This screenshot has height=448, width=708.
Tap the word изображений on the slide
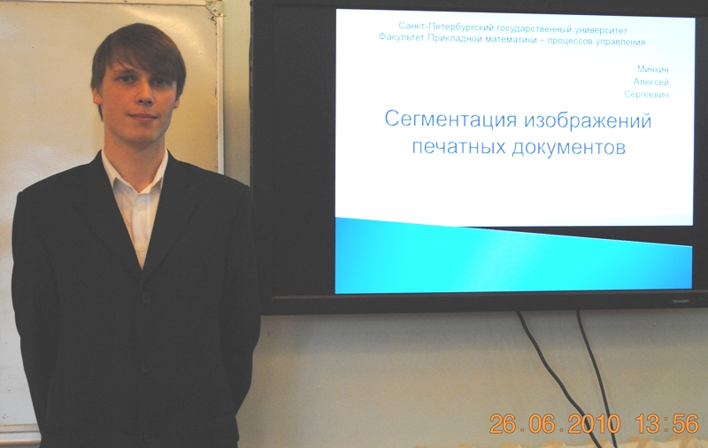(588, 120)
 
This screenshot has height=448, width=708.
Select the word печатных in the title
(458, 147)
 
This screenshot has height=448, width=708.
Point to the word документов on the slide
(568, 147)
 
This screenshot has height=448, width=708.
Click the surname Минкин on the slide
(653, 69)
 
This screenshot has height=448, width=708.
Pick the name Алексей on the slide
(651, 81)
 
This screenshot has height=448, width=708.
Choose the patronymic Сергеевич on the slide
(647, 95)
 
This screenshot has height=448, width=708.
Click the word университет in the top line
(601, 31)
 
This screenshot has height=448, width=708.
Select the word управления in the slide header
(621, 42)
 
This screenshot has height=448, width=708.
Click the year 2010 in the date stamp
(594, 424)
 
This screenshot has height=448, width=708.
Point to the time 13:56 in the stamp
(667, 423)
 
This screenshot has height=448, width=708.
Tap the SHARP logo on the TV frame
(681, 301)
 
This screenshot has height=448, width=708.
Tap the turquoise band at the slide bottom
(513, 258)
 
